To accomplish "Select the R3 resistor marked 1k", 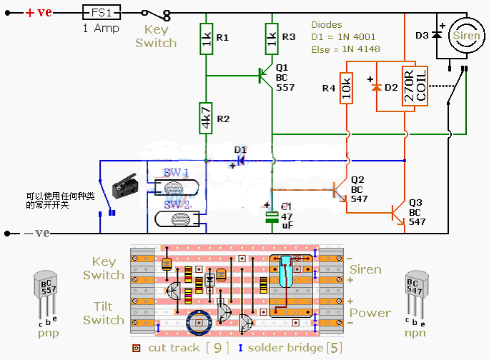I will click(272, 40).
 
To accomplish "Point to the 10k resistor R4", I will click(347, 88).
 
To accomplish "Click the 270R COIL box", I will click(415, 87).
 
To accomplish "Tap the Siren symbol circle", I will click(465, 38).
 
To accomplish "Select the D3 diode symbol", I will click(435, 36).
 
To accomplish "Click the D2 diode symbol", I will click(377, 88).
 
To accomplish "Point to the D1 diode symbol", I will click(240, 160).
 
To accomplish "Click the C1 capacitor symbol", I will click(272, 216).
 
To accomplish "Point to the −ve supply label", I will click(35, 233).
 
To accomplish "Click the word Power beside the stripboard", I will click(370, 313).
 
